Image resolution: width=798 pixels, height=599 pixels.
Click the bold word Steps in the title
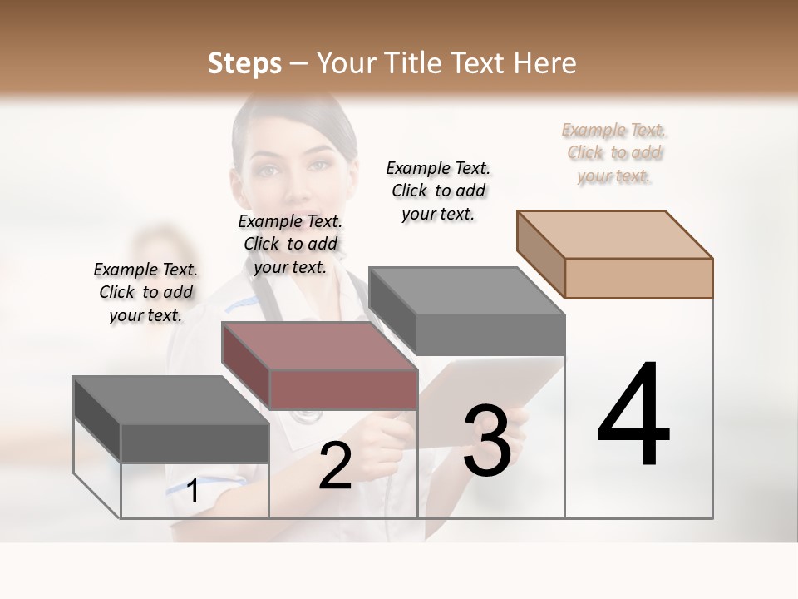pyautogui.click(x=244, y=63)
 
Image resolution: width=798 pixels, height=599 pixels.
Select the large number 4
pyautogui.click(x=633, y=416)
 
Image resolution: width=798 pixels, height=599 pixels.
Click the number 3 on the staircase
pyautogui.click(x=486, y=441)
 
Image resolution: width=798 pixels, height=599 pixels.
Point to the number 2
pyautogui.click(x=335, y=466)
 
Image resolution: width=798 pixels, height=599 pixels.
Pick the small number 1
pyautogui.click(x=193, y=492)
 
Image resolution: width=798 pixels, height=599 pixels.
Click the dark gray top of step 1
pyautogui.click(x=170, y=400)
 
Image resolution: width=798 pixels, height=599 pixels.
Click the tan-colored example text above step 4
pyautogui.click(x=614, y=153)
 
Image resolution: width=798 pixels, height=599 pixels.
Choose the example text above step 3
pyautogui.click(x=438, y=191)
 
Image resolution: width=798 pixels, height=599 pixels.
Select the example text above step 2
pyautogui.click(x=290, y=244)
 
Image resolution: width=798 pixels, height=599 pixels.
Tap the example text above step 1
pyautogui.click(x=145, y=292)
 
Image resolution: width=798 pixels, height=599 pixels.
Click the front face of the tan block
pyautogui.click(x=638, y=278)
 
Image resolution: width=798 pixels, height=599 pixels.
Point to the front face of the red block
pyautogui.click(x=343, y=389)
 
